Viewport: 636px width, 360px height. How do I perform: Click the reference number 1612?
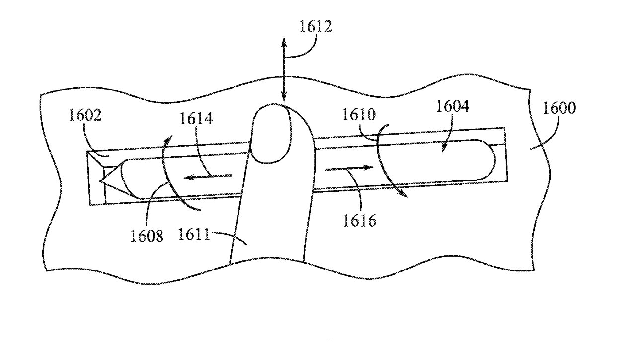pos(316,27)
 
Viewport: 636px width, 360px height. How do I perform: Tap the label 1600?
pos(559,108)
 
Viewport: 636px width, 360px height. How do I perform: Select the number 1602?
pos(85,116)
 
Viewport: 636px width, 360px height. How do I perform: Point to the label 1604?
pos(452,106)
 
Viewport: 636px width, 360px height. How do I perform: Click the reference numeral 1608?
pos(147,235)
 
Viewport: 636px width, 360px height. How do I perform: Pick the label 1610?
pos(359,115)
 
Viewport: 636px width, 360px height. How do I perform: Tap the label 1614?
pos(196,118)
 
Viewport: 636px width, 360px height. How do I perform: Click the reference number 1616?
pos(360,219)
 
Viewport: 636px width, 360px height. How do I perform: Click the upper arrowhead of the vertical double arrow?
pos(284,41)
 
